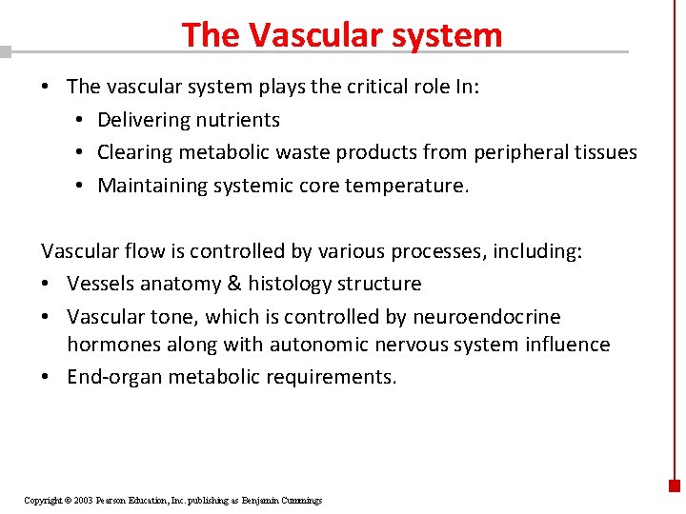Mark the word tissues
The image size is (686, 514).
point(607,152)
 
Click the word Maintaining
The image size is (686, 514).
point(151,186)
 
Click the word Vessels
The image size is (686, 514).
point(99,284)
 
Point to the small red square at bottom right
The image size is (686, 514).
point(675,485)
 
